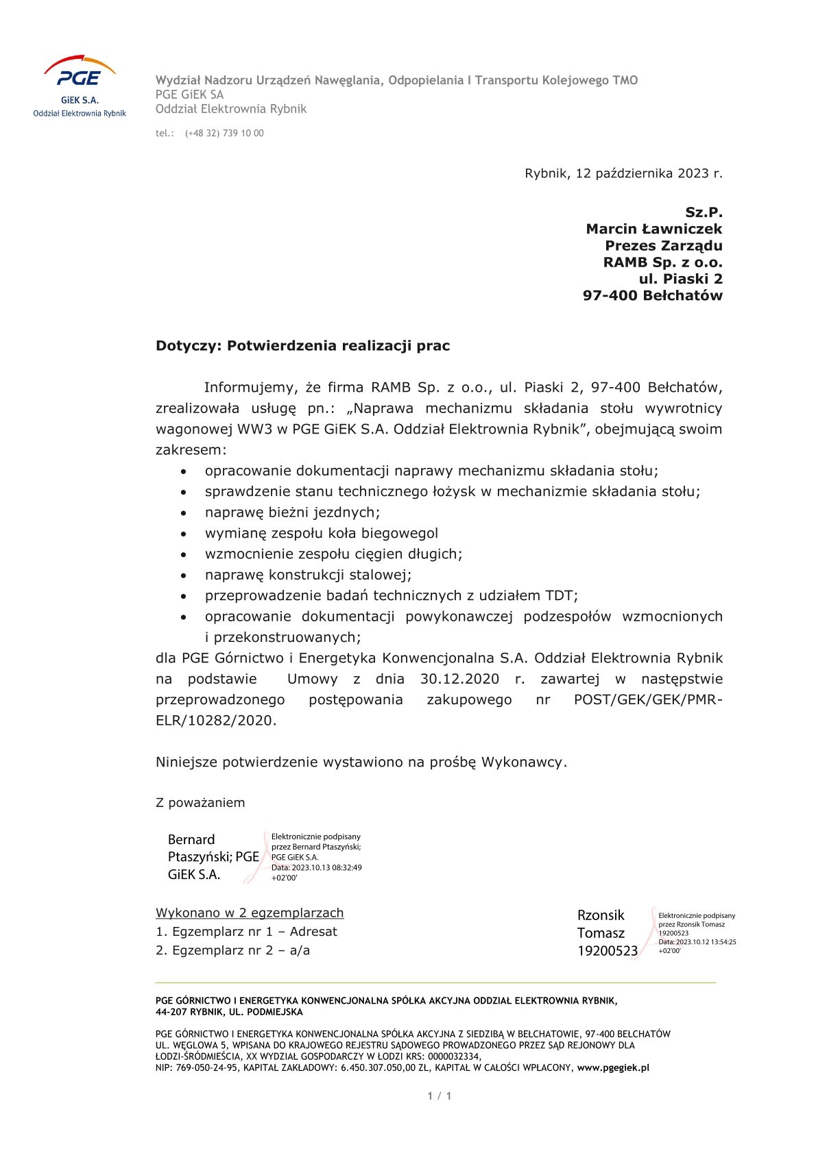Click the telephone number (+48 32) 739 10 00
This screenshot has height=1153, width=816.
point(224,134)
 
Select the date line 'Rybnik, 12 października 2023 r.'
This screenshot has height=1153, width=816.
point(623,173)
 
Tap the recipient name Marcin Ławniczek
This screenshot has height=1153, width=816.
point(653,229)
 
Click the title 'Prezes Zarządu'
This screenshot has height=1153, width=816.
point(663,245)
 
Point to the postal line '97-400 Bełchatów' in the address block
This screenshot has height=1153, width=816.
point(652,295)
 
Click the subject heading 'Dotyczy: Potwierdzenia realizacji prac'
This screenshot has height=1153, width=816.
point(302,346)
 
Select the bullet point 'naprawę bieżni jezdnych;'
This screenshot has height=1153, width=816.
point(292,512)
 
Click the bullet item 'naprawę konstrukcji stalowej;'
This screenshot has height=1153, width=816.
point(308,575)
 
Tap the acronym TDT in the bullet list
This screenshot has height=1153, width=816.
point(559,596)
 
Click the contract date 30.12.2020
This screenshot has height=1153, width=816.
point(459,679)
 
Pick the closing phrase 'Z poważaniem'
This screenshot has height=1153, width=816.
point(200,803)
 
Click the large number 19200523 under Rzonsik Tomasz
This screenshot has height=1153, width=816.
point(607,951)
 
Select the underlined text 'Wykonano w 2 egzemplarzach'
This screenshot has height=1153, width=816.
point(250,913)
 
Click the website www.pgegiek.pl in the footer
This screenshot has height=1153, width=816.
point(613,1067)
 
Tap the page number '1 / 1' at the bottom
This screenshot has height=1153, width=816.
point(440,1096)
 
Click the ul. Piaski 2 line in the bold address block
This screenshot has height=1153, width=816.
point(680,279)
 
